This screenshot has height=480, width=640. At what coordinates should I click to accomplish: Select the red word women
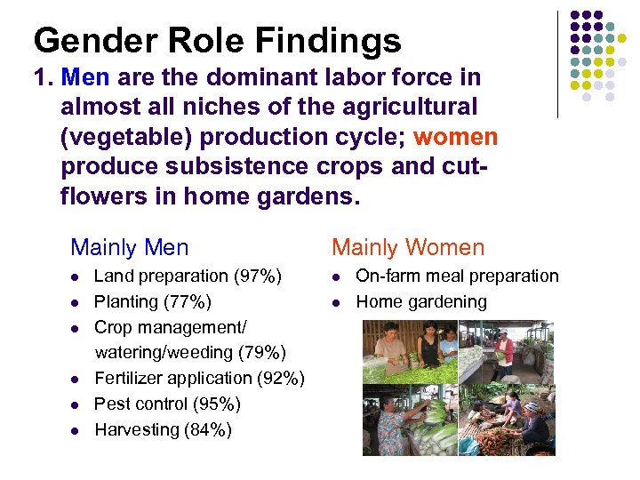pyautogui.click(x=455, y=138)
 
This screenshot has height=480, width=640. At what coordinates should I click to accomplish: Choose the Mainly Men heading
pyautogui.click(x=130, y=247)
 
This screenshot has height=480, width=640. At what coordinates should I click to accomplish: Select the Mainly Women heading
pyautogui.click(x=408, y=247)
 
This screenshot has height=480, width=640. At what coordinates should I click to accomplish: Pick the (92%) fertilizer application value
pyautogui.click(x=281, y=379)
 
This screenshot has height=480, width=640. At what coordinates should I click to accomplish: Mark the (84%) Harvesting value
pyautogui.click(x=208, y=430)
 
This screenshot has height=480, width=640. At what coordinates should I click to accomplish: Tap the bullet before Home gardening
pyautogui.click(x=338, y=302)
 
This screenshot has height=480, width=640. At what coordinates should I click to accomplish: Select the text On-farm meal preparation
pyautogui.click(x=457, y=276)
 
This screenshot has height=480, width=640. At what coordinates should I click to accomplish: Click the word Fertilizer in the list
pyautogui.click(x=126, y=379)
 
